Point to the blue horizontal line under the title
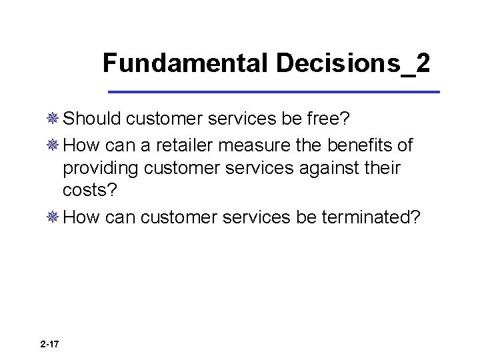click(x=274, y=91)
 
